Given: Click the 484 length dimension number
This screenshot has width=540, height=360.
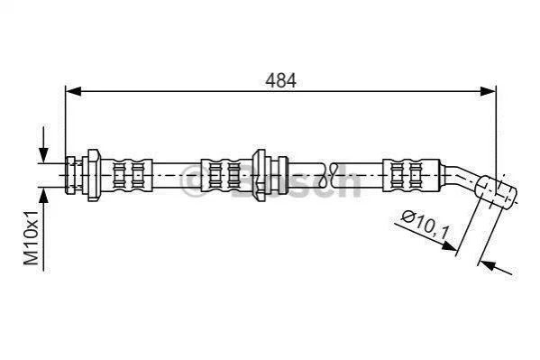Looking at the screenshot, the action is tap(280, 80).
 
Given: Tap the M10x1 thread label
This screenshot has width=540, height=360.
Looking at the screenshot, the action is tap(32, 237).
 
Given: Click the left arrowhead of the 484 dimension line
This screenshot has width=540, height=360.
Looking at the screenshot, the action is tap(73, 91).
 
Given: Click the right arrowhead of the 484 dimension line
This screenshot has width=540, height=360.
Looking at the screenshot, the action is tap(488, 91).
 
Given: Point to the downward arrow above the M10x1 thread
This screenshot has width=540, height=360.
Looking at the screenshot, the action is tap(43, 144).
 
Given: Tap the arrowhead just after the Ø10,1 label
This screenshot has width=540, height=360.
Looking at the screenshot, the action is tap(449, 245).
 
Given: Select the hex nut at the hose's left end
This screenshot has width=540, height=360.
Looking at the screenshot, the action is tap(94, 175).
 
